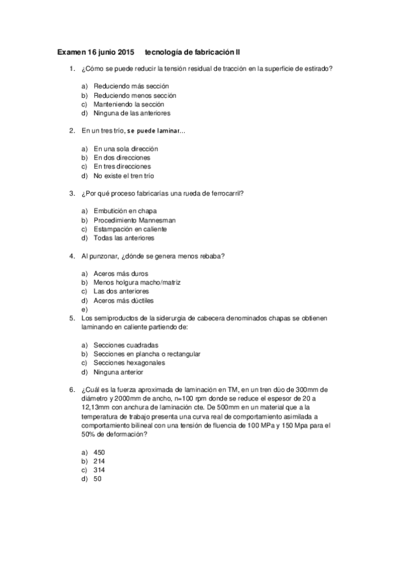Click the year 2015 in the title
click(125, 52)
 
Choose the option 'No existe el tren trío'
click(124, 175)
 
